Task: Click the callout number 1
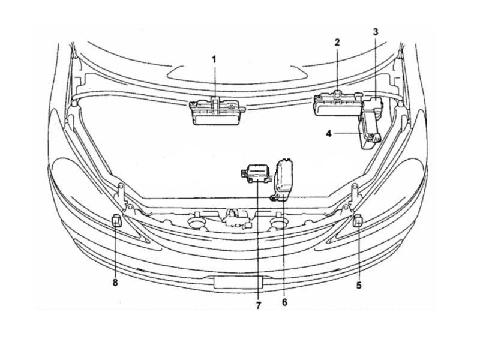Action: pyautogui.click(x=214, y=59)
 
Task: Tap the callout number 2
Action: pyautogui.click(x=337, y=42)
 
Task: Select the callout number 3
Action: pyautogui.click(x=376, y=32)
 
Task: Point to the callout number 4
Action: pyautogui.click(x=329, y=134)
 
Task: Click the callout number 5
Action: pyautogui.click(x=359, y=286)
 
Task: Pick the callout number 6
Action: pyautogui.click(x=284, y=302)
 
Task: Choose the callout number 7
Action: pyautogui.click(x=259, y=305)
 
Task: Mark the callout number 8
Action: pyautogui.click(x=115, y=282)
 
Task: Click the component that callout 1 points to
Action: pyautogui.click(x=217, y=112)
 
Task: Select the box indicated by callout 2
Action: pyautogui.click(x=338, y=104)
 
